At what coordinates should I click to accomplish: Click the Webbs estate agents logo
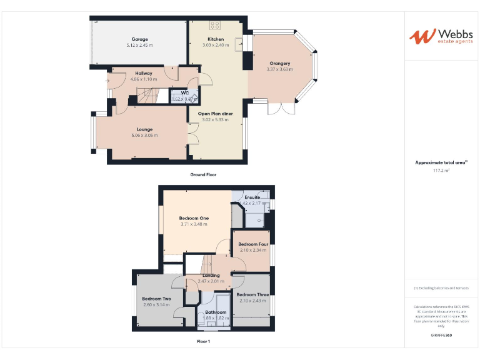[x=441, y=36]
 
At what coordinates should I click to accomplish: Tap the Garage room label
[x=139, y=39]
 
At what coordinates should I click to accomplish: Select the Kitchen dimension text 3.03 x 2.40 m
[x=216, y=46]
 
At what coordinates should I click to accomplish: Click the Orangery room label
[x=279, y=63]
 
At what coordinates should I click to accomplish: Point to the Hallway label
[x=143, y=73]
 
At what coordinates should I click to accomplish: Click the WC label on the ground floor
[x=185, y=93]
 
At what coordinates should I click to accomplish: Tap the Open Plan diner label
[x=216, y=113]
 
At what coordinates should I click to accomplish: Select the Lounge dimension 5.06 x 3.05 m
[x=144, y=135]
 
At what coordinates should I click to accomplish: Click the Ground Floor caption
[x=203, y=175]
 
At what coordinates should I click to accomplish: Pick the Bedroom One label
[x=194, y=217]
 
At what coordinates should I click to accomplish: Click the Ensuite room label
[x=252, y=197]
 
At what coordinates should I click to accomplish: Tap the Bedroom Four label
[x=253, y=244]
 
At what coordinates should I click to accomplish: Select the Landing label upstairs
[x=211, y=275]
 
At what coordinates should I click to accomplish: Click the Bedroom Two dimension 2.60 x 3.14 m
[x=156, y=304]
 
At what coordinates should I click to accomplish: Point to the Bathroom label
[x=216, y=311]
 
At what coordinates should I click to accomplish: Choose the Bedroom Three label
[x=252, y=294]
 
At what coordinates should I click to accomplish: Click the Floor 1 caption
[x=203, y=342]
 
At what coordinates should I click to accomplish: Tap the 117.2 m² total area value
[x=441, y=170]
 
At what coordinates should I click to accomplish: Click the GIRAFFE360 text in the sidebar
[x=441, y=336]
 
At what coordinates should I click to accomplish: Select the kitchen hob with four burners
[x=216, y=26]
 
